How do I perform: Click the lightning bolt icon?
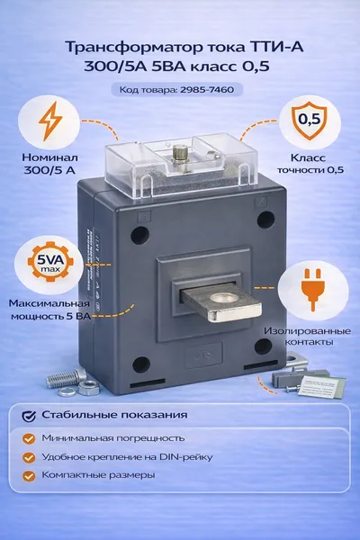pos(50,121)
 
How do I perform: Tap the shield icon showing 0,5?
pos(309,121)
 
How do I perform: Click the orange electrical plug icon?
pos(313,289)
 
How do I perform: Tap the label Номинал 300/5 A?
pos(49,164)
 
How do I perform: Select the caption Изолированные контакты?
pos(307,337)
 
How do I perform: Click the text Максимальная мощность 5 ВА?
pos(50,310)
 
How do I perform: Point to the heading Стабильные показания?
pos(114,415)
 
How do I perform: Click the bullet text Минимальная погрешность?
pos(113,438)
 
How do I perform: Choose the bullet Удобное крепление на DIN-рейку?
pos(127,457)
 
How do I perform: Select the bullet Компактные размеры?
pos(98,475)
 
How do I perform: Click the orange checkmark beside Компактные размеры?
pos(29,476)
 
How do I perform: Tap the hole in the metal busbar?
pos(224,299)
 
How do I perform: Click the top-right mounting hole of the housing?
pos(265,220)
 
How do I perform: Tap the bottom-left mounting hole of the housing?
pos(141,365)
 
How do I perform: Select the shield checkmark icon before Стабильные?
pos(29,416)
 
